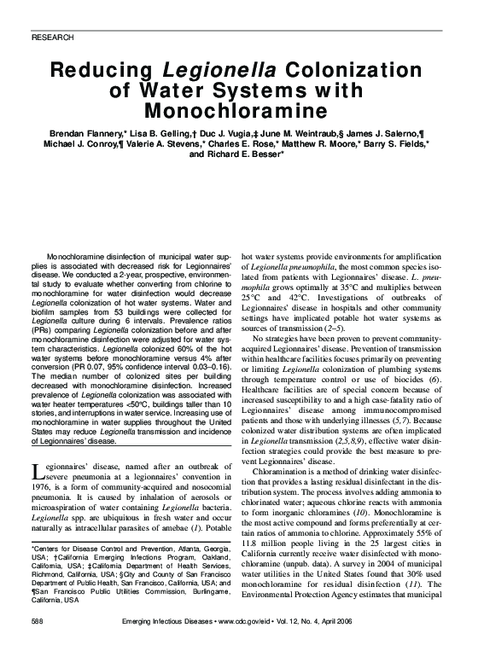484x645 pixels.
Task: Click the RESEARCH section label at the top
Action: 51,38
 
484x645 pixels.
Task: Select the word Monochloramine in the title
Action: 242,111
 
